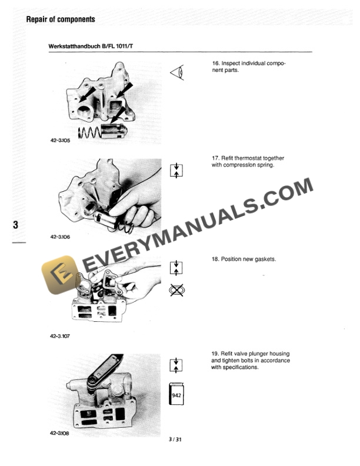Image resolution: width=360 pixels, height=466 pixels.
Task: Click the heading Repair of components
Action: pos(61,20)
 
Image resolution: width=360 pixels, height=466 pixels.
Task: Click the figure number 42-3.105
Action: pos(60,141)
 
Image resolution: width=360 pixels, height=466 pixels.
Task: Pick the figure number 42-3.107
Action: pos(60,337)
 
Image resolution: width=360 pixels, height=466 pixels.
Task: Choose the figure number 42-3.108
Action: pos(60,434)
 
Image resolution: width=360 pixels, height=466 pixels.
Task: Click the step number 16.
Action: pos(215,63)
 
